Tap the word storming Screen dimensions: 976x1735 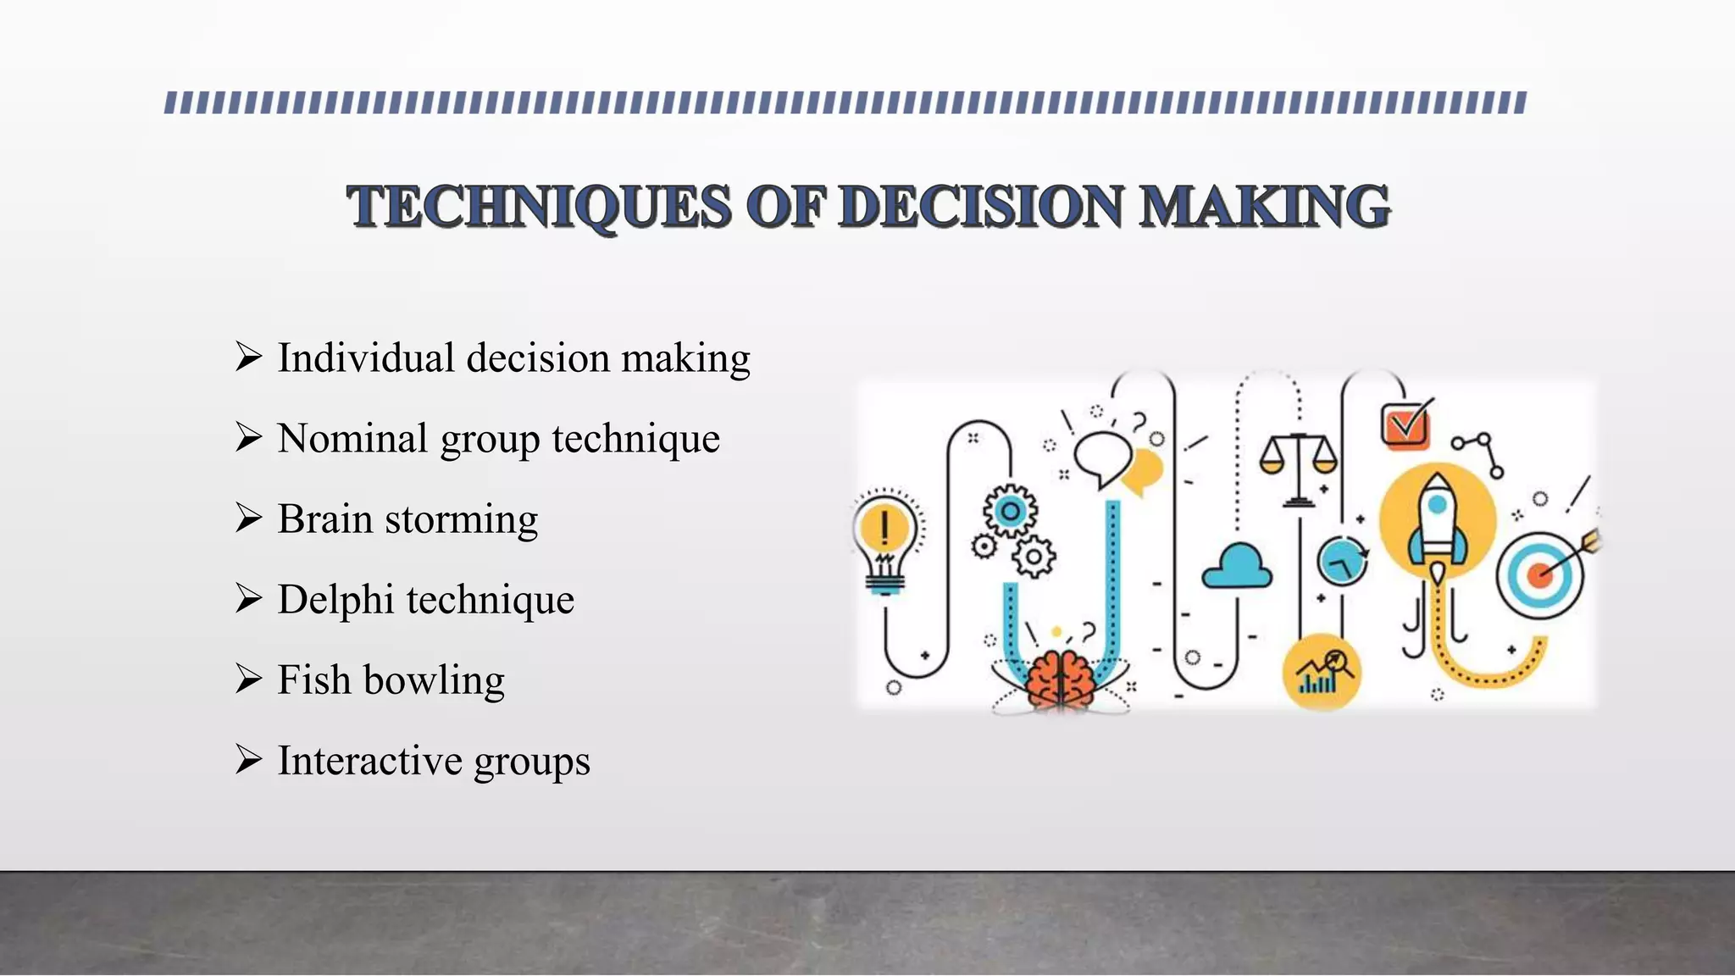(461, 519)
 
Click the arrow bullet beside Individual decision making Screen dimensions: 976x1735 (248, 357)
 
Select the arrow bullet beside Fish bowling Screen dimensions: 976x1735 (248, 679)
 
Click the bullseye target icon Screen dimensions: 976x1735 (1540, 574)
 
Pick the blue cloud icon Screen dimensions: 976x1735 (1238, 568)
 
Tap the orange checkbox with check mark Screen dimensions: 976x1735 (1405, 424)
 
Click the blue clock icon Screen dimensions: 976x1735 (1343, 561)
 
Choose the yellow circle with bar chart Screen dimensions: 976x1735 (1322, 673)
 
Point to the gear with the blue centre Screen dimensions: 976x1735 (1010, 511)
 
